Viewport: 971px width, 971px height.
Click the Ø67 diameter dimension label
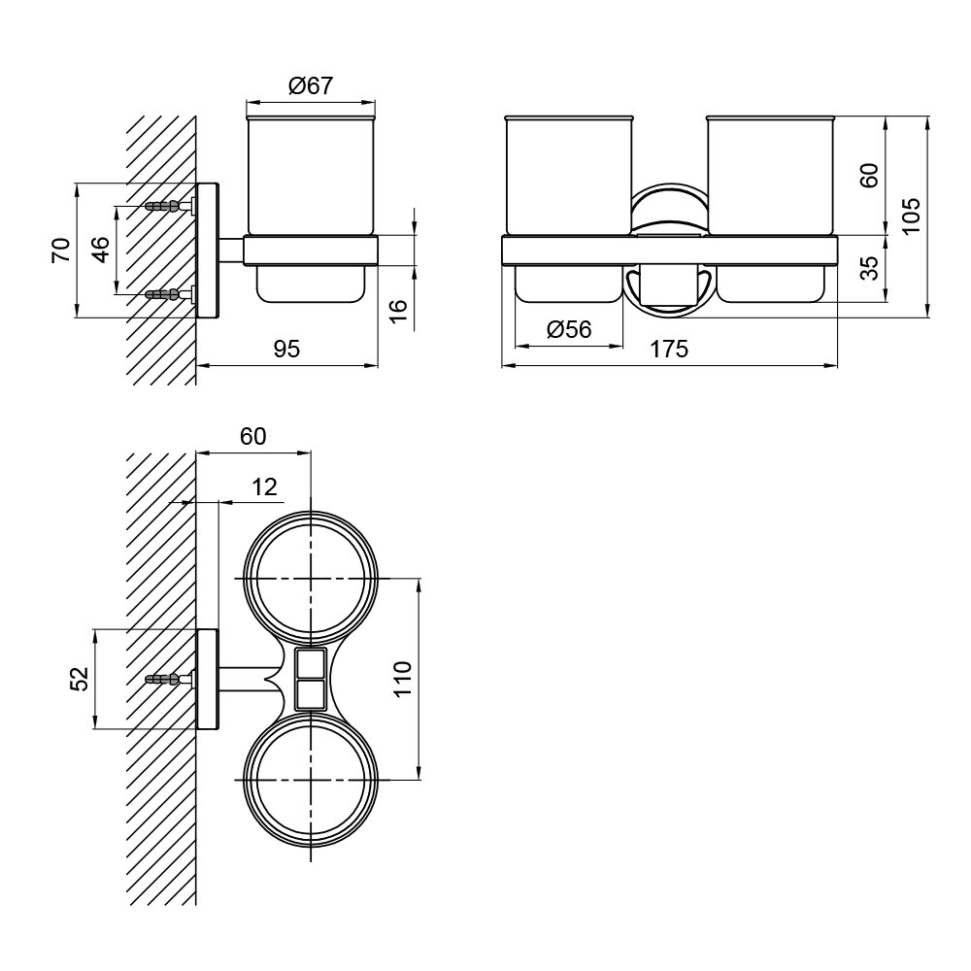coord(311,85)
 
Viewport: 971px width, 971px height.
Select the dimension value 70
coord(62,251)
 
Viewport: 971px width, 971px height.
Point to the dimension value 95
coord(286,350)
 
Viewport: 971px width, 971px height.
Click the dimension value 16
coord(400,309)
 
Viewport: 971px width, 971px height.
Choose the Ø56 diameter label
coord(569,329)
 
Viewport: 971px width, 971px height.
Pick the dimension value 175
coord(669,350)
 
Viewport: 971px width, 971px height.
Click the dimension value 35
coord(870,268)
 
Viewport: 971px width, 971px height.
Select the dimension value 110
coord(403,680)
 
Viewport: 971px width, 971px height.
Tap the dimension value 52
coord(80,679)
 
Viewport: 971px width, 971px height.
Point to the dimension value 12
coord(264,487)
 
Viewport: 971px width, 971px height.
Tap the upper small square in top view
coord(310,663)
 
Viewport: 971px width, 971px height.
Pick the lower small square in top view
coord(310,694)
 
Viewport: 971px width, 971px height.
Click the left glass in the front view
coord(569,175)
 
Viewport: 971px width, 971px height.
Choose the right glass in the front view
coord(770,175)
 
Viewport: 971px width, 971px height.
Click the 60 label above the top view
coord(253,437)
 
